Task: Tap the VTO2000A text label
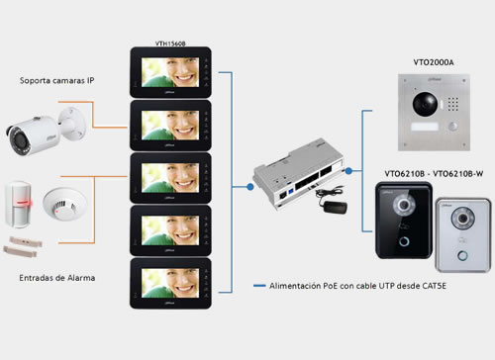point(433,62)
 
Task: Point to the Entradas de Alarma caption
point(57,278)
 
